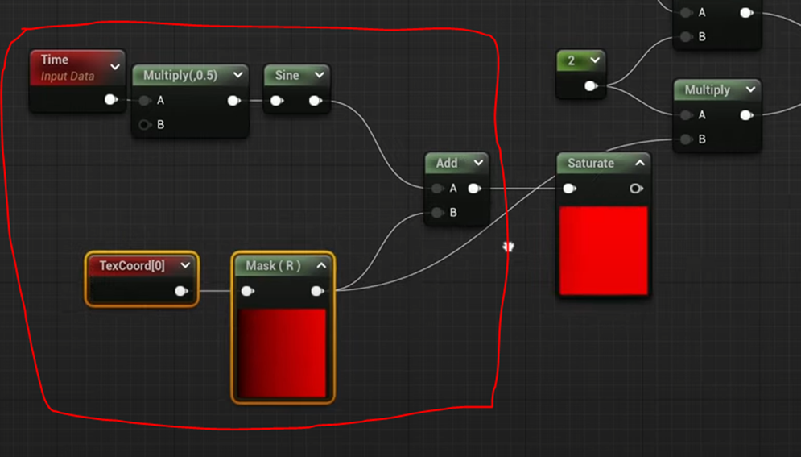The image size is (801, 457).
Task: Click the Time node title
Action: pyautogui.click(x=55, y=60)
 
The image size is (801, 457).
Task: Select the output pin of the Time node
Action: pyautogui.click(x=110, y=99)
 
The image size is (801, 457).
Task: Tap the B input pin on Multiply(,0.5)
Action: pyautogui.click(x=145, y=124)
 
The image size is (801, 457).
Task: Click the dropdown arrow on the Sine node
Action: pyautogui.click(x=319, y=75)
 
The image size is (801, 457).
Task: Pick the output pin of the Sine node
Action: pyautogui.click(x=316, y=100)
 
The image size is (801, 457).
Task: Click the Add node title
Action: pyautogui.click(x=447, y=163)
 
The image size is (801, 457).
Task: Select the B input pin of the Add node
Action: pyautogui.click(x=437, y=213)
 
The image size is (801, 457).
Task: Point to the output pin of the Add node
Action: pyautogui.click(x=474, y=188)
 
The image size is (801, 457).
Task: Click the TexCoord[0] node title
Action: pyautogui.click(x=132, y=265)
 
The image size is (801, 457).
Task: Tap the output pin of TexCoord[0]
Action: pyautogui.click(x=181, y=290)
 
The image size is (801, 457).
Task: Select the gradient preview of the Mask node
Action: pyautogui.click(x=282, y=353)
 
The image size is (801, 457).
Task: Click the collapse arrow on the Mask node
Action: pyautogui.click(x=320, y=265)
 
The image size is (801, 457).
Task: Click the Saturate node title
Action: pyautogui.click(x=591, y=163)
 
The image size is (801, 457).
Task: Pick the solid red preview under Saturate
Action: pyautogui.click(x=603, y=251)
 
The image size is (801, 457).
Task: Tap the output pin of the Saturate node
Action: pyautogui.click(x=636, y=188)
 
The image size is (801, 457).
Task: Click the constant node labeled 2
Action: pyautogui.click(x=572, y=60)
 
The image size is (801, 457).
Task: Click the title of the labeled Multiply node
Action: pyautogui.click(x=707, y=89)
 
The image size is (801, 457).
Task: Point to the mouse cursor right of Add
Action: pyautogui.click(x=508, y=246)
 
